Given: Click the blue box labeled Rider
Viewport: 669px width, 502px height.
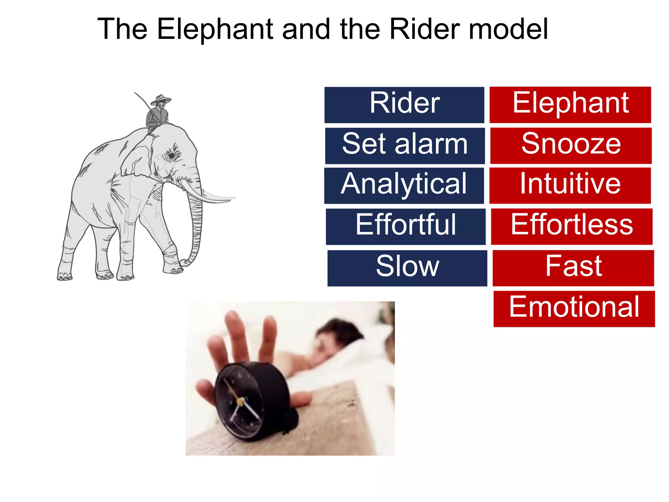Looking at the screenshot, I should [x=404, y=105].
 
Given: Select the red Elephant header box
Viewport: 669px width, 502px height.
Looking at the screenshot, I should [x=570, y=105].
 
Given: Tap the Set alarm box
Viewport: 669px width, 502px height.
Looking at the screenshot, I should [x=405, y=146].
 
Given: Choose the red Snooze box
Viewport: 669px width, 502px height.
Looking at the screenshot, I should [x=571, y=145].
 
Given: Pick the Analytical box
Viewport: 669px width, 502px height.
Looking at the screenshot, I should [x=404, y=186].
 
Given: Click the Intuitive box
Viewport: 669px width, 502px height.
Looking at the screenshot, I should [x=570, y=185].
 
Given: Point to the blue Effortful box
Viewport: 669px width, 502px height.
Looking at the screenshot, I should [x=405, y=226].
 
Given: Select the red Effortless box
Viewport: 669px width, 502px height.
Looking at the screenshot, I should [x=572, y=226].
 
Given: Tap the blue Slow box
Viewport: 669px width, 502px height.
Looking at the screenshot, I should [x=407, y=268].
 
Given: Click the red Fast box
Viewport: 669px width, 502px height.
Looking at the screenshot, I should [x=573, y=268].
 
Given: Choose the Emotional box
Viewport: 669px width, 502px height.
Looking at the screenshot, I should [x=574, y=309].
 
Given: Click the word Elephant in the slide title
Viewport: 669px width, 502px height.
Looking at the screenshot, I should [x=215, y=29].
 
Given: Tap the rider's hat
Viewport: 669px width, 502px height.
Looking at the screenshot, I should [x=160, y=99].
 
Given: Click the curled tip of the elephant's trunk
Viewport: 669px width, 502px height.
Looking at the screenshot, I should [x=185, y=262].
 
